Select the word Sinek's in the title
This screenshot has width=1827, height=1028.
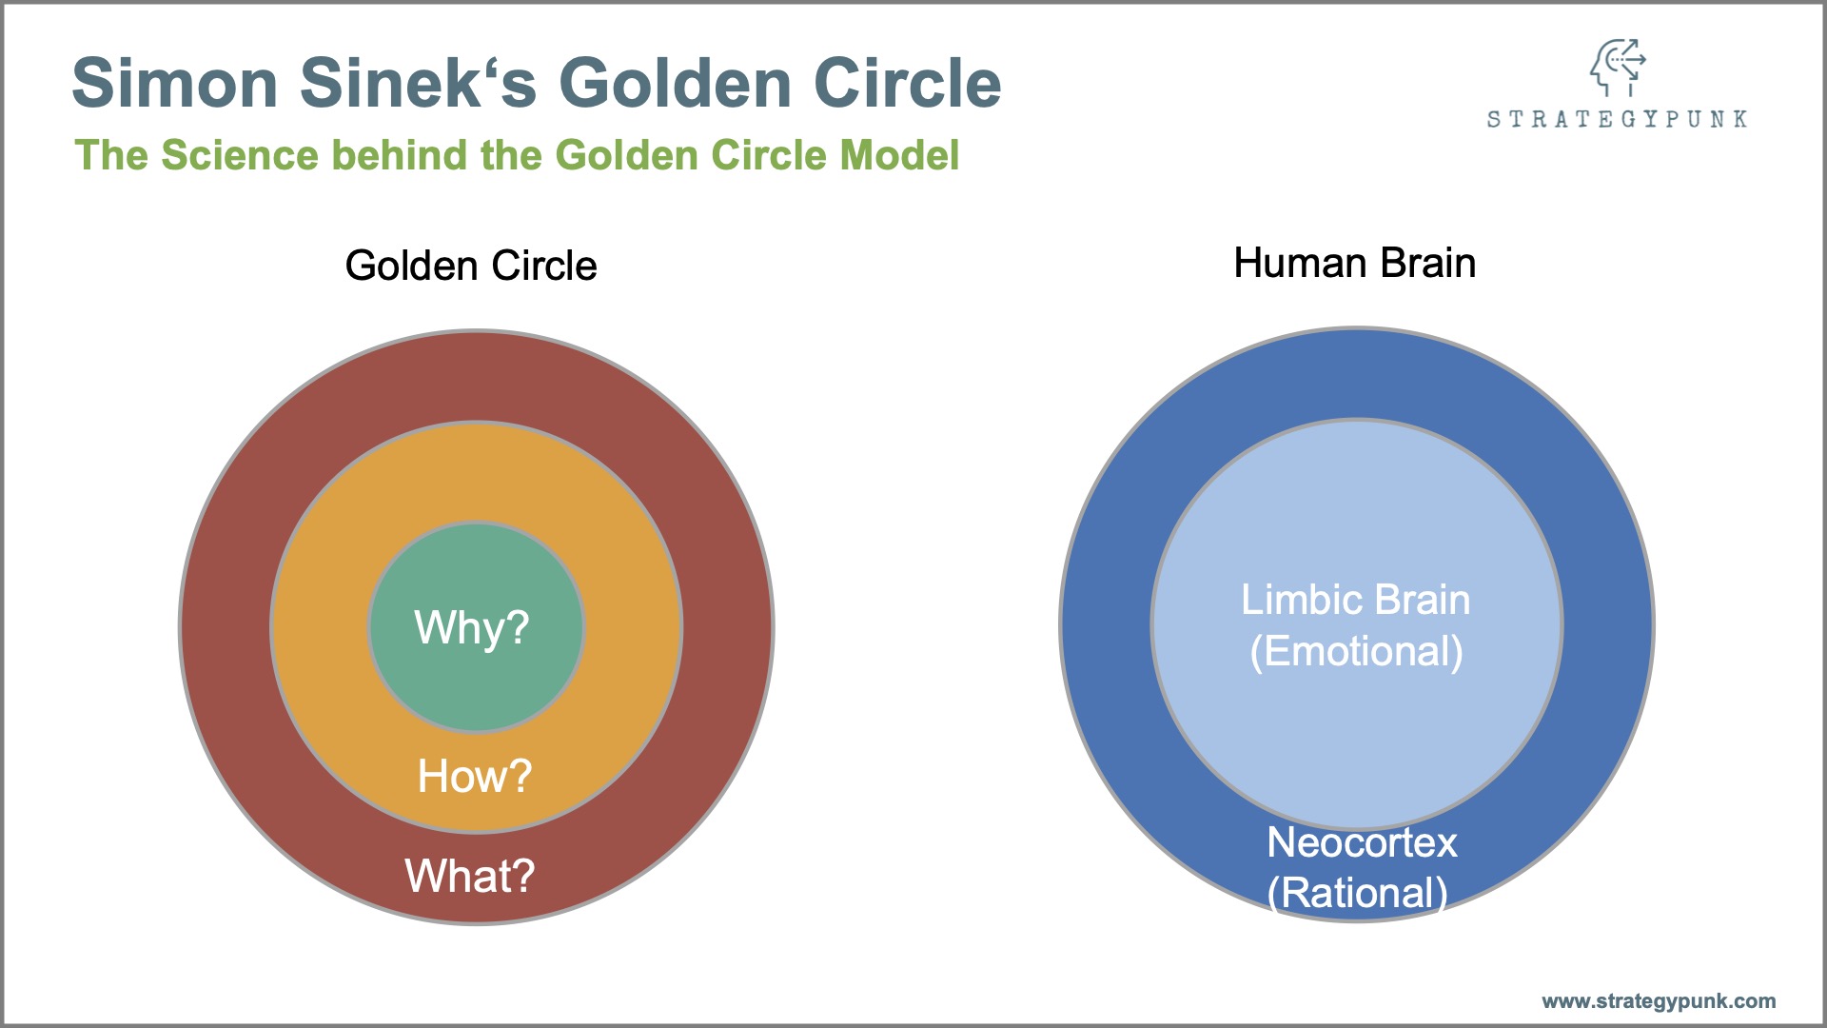[x=418, y=83]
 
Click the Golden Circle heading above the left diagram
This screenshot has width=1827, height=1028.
[x=471, y=266]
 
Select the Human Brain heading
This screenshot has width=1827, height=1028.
[x=1355, y=263]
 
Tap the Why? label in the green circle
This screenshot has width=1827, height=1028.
[x=472, y=628]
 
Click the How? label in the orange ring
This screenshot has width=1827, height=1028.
[x=475, y=776]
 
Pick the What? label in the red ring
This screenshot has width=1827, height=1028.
[x=470, y=876]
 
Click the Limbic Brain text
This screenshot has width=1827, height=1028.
[x=1356, y=600]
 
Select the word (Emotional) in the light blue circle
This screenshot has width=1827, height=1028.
[x=1357, y=652]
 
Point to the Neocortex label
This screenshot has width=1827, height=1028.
[x=1363, y=842]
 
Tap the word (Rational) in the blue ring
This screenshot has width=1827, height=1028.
[x=1358, y=894]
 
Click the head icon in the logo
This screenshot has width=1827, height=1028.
[x=1618, y=67]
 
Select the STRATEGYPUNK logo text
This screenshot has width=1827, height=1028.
[x=1618, y=119]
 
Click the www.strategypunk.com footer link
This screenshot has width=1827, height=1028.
[x=1659, y=1001]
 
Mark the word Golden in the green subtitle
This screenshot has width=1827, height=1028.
[x=626, y=155]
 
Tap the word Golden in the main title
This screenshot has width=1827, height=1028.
[x=675, y=83]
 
